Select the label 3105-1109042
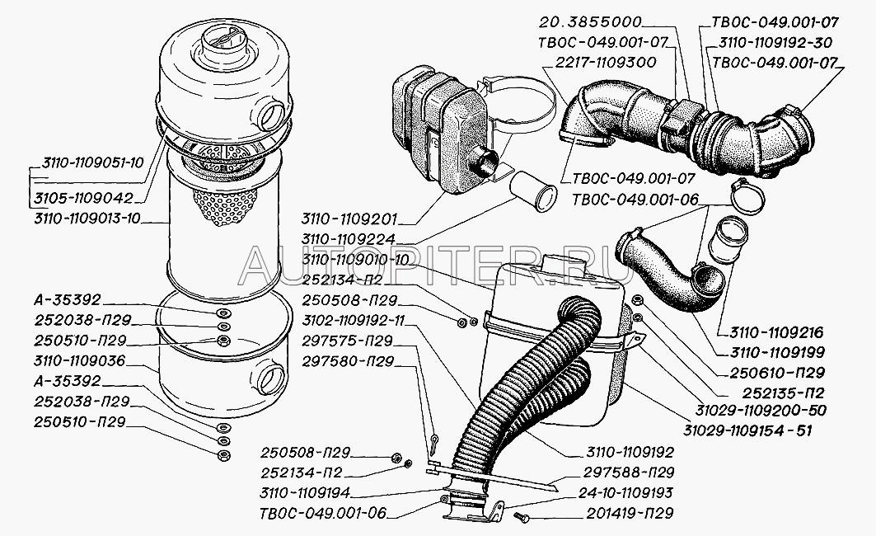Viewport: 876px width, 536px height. (84, 199)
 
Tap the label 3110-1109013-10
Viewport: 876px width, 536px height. (87, 218)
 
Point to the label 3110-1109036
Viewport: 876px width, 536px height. (79, 360)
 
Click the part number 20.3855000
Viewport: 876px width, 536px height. (591, 22)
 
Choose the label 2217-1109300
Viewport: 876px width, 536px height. (605, 62)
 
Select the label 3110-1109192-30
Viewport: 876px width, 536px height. (775, 43)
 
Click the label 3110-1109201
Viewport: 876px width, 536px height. (349, 218)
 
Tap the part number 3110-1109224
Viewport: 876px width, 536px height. (349, 238)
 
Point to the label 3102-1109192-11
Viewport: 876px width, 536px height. (353, 321)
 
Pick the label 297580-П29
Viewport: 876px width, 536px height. (348, 362)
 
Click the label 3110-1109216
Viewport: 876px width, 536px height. (776, 332)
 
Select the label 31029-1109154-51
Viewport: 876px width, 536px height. (747, 430)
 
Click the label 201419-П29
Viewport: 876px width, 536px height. (630, 513)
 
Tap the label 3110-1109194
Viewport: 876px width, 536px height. (304, 493)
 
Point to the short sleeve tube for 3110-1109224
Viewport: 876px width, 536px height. (533, 191)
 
